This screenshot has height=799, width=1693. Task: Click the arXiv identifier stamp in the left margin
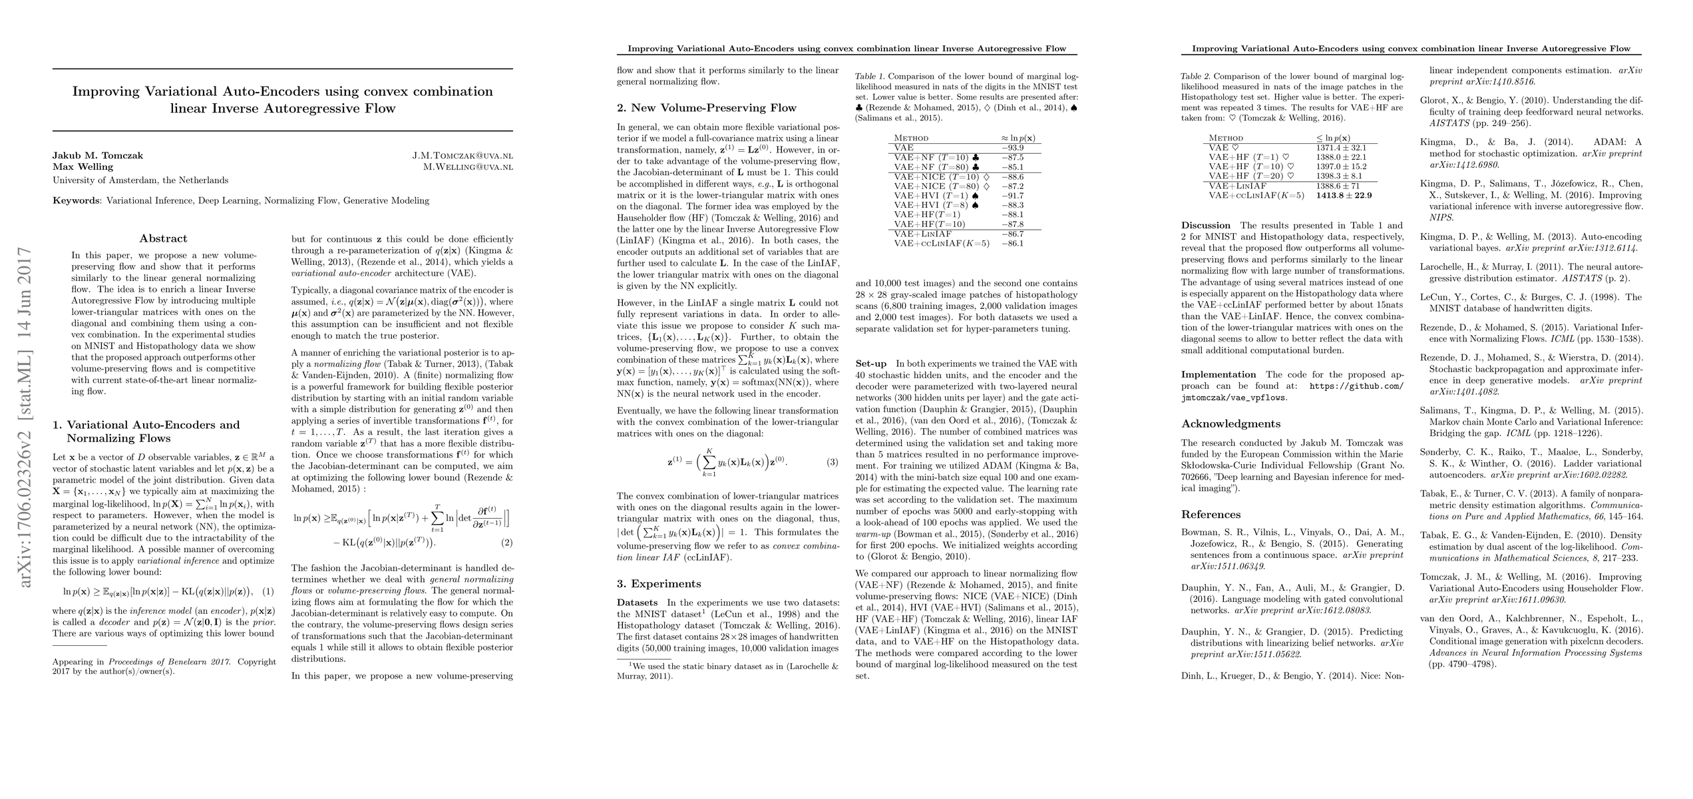point(25,417)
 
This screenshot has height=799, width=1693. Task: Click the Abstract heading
point(163,238)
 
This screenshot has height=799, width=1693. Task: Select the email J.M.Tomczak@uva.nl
point(463,156)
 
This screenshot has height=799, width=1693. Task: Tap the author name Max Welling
point(83,167)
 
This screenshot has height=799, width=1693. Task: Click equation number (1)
point(268,591)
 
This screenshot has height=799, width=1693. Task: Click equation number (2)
point(506,543)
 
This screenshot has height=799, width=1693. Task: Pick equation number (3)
point(833,462)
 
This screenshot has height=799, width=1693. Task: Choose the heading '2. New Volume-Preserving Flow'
point(706,108)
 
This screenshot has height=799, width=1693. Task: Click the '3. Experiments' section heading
point(659,584)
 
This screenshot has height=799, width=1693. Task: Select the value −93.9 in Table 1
point(1012,148)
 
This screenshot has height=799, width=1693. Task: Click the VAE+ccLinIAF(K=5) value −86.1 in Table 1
point(1012,244)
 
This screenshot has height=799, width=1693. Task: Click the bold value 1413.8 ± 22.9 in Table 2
point(1344,196)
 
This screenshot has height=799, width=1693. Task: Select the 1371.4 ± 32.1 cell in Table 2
point(1341,148)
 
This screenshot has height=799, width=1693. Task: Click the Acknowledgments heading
point(1230,424)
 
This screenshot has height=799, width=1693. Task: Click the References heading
point(1211,515)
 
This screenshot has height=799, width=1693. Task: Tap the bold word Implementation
point(1219,375)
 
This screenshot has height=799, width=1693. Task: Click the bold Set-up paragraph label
point(871,364)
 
